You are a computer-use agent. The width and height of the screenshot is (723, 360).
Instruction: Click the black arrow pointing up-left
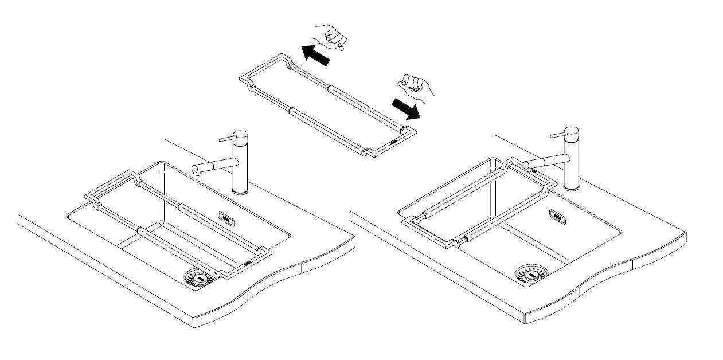[315, 55]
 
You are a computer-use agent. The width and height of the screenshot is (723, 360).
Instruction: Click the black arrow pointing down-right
[405, 108]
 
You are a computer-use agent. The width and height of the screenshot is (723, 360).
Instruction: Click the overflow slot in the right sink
[556, 215]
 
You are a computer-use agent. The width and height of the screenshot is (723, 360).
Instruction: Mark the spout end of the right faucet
[526, 165]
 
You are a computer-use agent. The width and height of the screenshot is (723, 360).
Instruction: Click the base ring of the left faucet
[240, 192]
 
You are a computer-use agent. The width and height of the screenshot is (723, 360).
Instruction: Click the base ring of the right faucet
[571, 187]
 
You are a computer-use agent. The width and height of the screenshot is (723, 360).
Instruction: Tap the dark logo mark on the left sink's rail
[247, 263]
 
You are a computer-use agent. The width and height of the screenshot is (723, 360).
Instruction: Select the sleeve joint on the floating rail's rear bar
[330, 88]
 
